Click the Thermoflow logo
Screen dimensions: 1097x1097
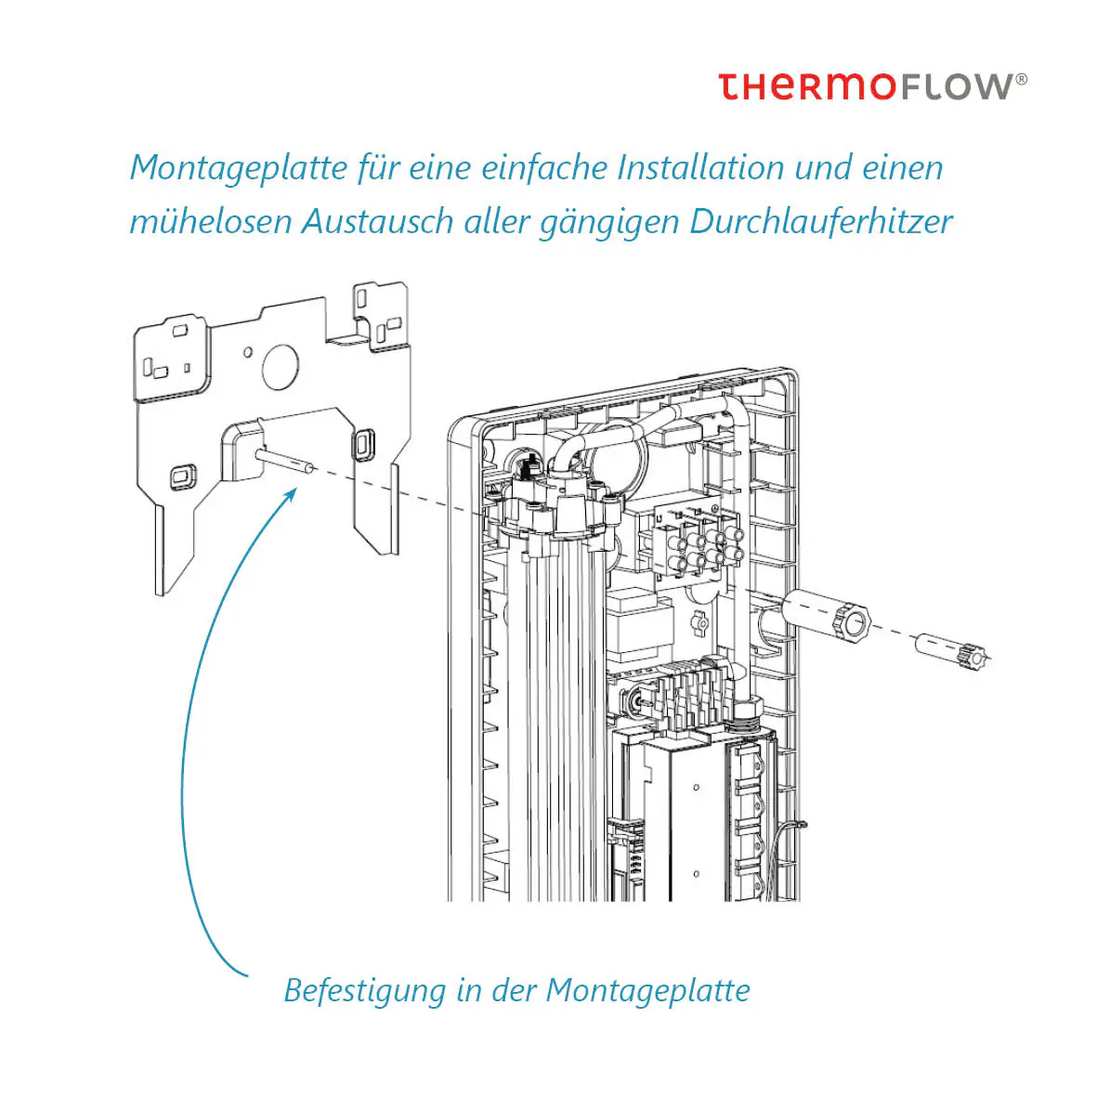coord(871,86)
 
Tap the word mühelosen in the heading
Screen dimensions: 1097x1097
coord(210,222)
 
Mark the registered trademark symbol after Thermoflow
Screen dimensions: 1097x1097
coord(1022,79)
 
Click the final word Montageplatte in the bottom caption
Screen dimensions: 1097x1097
coord(647,990)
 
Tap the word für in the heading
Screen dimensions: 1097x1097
coord(379,168)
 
